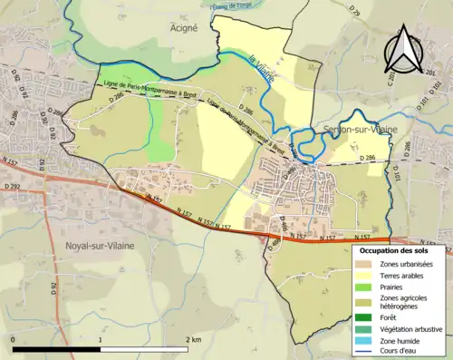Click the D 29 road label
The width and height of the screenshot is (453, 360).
click(x=354, y=11)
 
